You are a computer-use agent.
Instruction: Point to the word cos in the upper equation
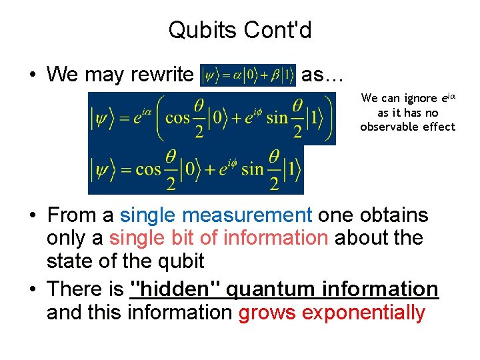click(x=177, y=118)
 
